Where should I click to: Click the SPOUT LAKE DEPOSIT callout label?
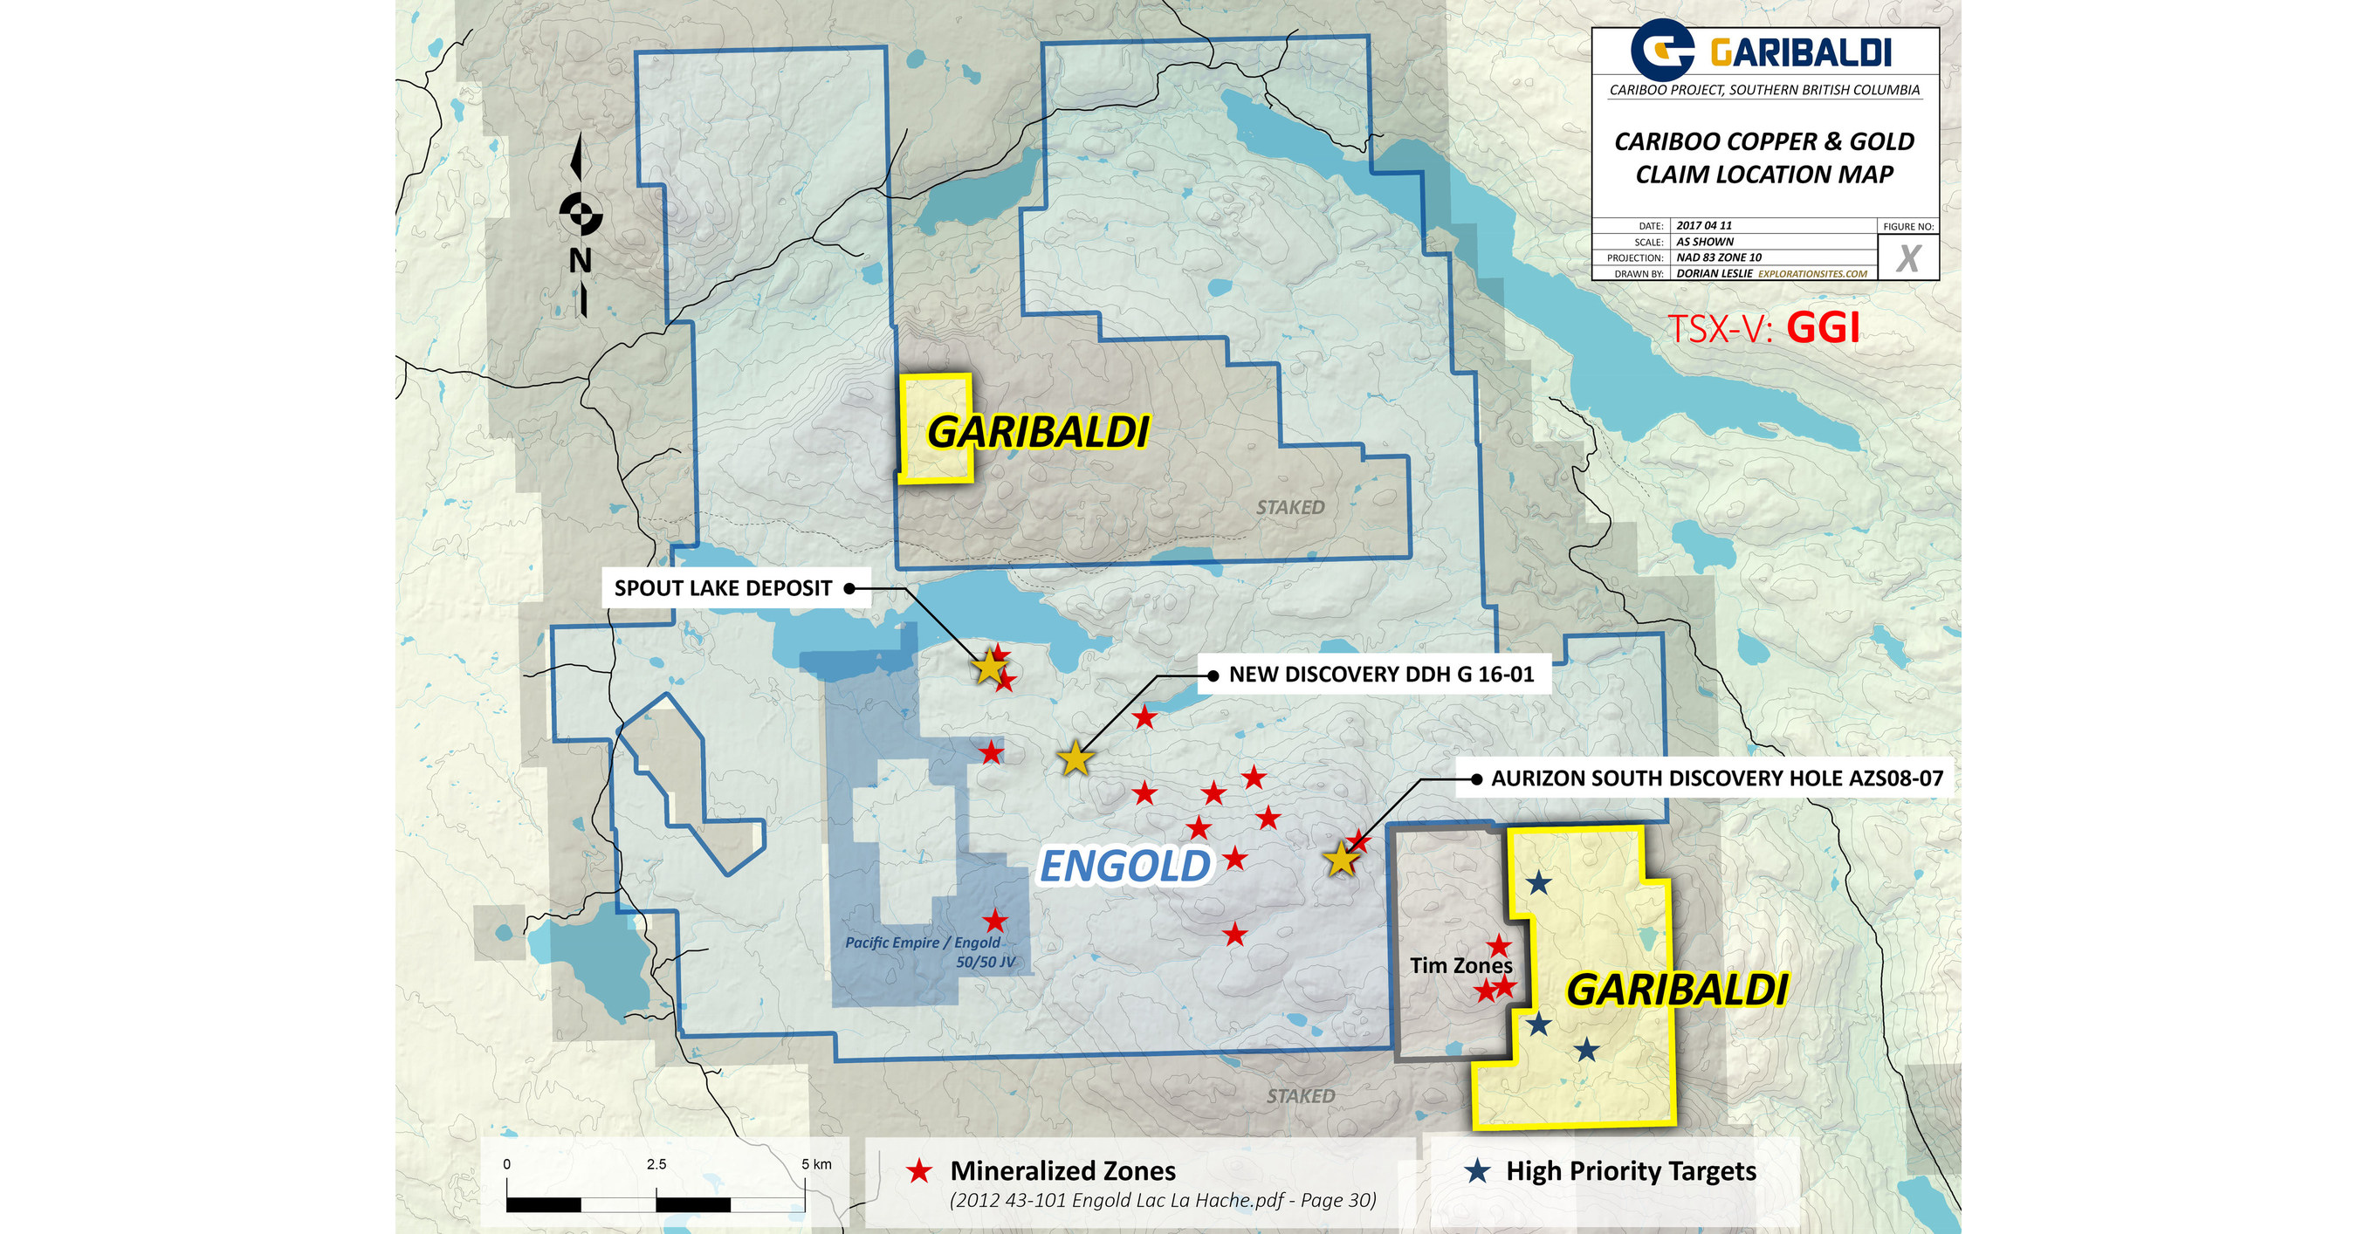coord(723,588)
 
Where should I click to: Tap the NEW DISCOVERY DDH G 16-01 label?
coord(1380,675)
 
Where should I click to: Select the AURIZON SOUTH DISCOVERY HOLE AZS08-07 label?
coord(1715,778)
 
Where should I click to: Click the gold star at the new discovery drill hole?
coord(1075,759)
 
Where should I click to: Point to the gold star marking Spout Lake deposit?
coord(989,667)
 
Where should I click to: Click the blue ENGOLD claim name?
coord(1124,867)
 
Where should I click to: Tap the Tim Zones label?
coord(1460,965)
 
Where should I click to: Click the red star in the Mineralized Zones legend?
coord(918,1171)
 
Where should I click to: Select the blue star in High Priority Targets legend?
coord(1477,1171)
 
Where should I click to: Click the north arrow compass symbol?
coord(581,216)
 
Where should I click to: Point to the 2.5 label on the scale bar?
coord(656,1164)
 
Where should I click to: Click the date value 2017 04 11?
coord(1704,225)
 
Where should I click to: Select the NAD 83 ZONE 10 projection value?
coord(1718,258)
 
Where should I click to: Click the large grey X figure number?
coord(1907,259)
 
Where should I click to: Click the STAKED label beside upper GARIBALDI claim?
coord(1289,508)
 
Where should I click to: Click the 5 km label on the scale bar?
coord(815,1164)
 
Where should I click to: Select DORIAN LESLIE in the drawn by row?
coord(1714,273)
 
